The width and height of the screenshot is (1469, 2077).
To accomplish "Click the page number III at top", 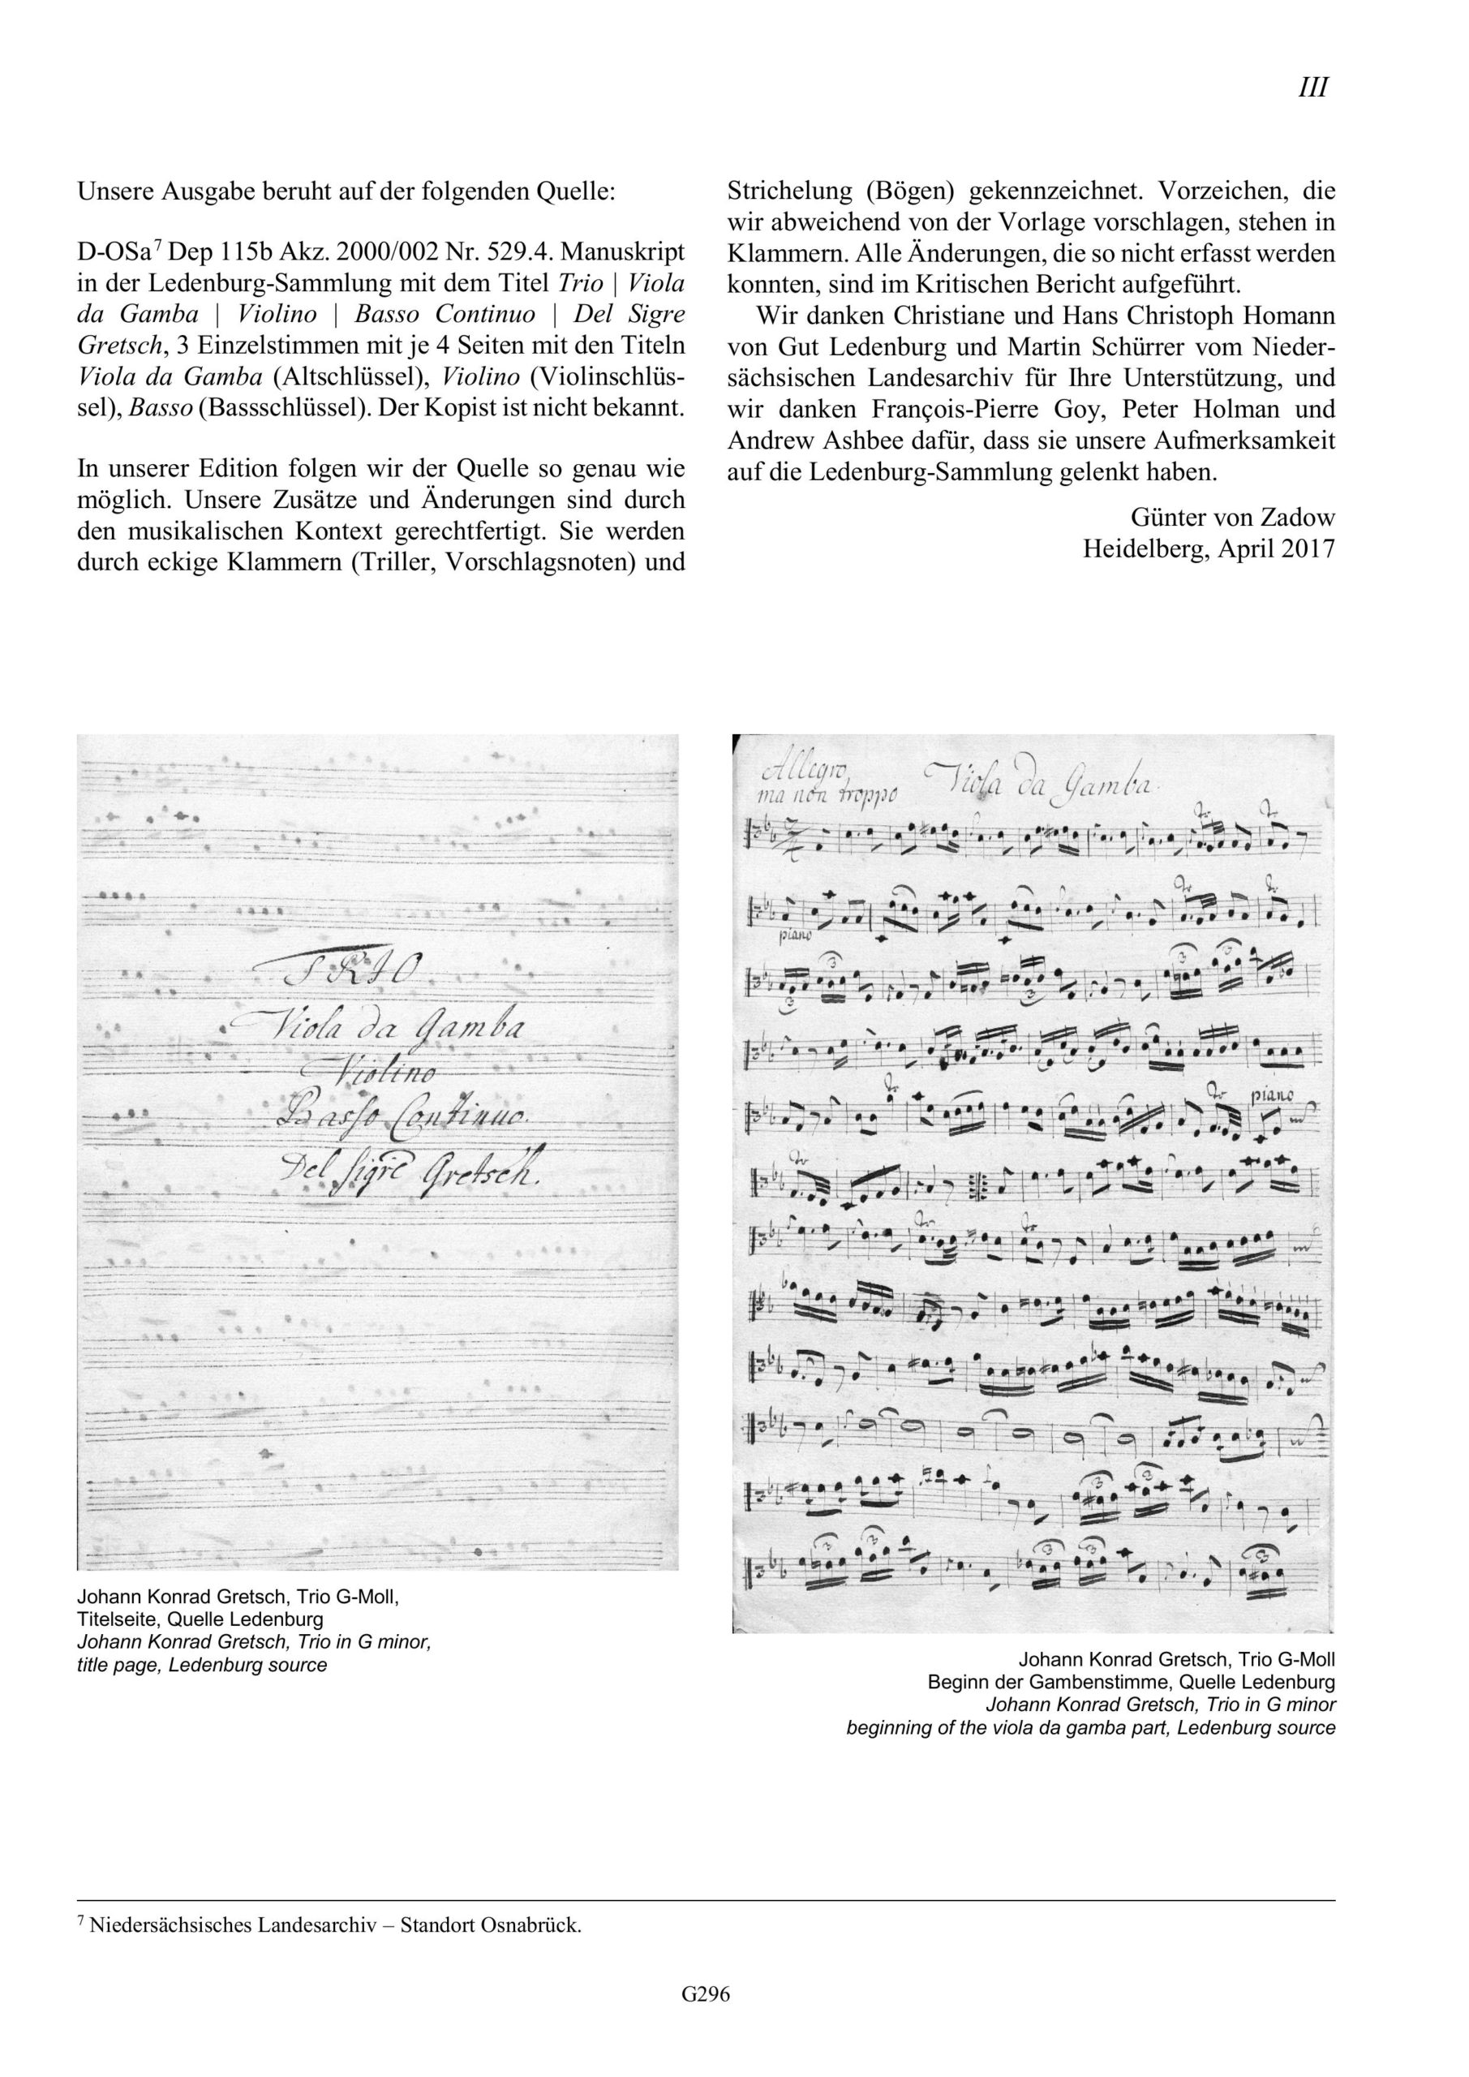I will tap(1312, 88).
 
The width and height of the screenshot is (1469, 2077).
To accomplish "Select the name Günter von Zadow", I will tap(1232, 518).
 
